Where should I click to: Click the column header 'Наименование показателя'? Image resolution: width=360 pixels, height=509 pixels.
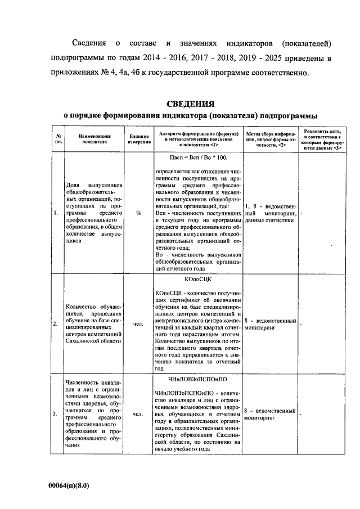pos(94,139)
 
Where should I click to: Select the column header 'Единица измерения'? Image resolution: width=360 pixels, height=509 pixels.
pos(138,139)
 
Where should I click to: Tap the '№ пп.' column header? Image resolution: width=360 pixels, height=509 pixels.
pos(58,139)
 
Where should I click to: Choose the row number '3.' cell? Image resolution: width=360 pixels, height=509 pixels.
pos(55,415)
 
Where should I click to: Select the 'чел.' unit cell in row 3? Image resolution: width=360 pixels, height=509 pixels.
pos(138,415)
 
